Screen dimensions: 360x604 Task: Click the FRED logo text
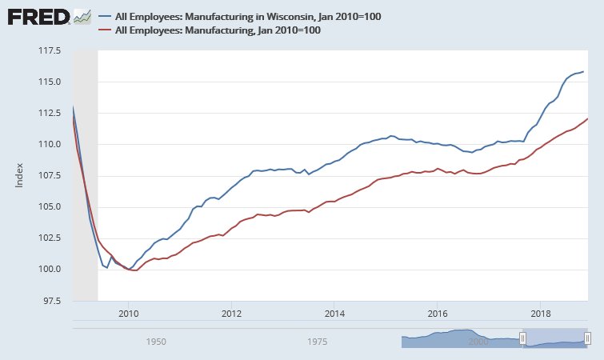[37, 17]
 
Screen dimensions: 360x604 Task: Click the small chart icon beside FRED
[82, 17]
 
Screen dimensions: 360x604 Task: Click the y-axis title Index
[22, 176]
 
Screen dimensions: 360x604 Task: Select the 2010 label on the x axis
[128, 313]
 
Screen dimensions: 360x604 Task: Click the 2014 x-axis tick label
[334, 313]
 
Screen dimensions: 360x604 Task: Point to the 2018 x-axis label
[542, 313]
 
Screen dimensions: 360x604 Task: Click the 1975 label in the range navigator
[317, 342]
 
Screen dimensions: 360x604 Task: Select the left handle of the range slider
[523, 338]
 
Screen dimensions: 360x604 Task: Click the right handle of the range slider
[587, 338]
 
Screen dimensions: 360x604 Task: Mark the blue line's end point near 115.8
[583, 72]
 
